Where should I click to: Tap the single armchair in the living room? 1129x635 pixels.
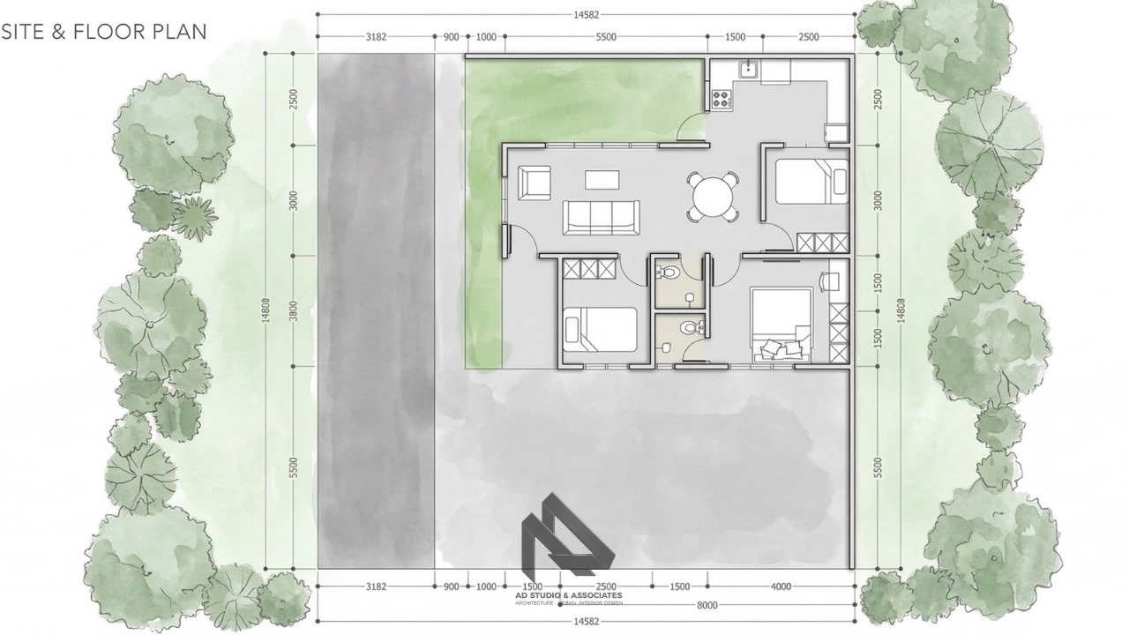point(535,182)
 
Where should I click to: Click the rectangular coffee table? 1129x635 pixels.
point(602,179)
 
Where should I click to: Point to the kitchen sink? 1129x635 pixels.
point(748,69)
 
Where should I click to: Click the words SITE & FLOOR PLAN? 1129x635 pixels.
point(104,32)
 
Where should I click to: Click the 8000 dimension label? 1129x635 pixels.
point(707,604)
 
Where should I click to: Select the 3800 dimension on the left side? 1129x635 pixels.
point(293,310)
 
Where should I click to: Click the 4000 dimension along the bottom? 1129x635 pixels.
point(781,586)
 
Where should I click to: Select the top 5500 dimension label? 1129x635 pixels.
point(606,37)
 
